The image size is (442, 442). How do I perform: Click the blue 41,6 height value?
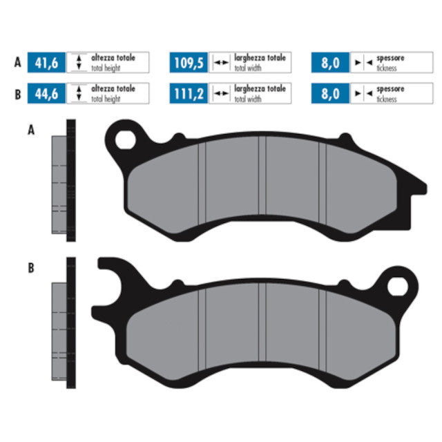pyautogui.click(x=47, y=64)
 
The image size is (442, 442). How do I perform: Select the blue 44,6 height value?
pyautogui.click(x=47, y=94)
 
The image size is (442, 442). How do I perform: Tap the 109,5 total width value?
pyautogui.click(x=189, y=64)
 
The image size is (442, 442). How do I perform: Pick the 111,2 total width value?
pyautogui.click(x=189, y=94)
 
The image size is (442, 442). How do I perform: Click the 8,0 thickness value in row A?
pyautogui.click(x=331, y=64)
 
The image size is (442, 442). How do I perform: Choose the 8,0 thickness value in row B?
pyautogui.click(x=331, y=94)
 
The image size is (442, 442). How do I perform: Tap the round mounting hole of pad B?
pyautogui.click(x=398, y=286)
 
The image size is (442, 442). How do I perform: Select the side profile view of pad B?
pyautogui.click(x=63, y=323)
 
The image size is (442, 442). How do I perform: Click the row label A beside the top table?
pyautogui.click(x=17, y=64)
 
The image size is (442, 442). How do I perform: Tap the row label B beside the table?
pyautogui.click(x=17, y=94)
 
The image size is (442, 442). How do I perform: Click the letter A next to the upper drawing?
pyautogui.click(x=30, y=129)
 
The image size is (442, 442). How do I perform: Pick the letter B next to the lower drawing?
pyautogui.click(x=30, y=268)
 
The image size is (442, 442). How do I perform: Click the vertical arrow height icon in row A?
pyautogui.click(x=79, y=64)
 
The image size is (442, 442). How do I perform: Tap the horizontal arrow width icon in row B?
pyautogui.click(x=221, y=94)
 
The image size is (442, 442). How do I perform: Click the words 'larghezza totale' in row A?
pyautogui.click(x=260, y=59)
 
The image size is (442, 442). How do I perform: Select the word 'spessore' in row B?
pyautogui.click(x=390, y=90)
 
